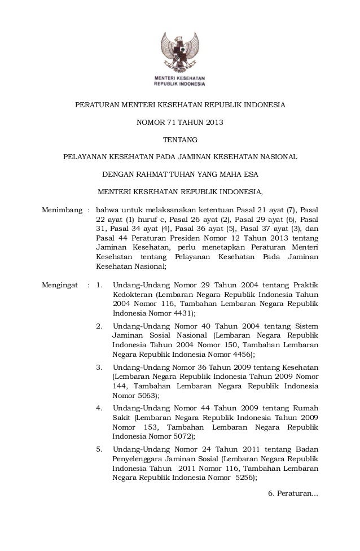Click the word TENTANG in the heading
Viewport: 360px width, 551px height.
click(180, 139)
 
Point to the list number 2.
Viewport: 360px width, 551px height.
click(100, 326)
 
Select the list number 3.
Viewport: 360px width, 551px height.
click(100, 367)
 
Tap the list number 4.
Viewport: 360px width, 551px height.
click(100, 408)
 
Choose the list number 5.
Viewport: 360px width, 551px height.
click(100, 449)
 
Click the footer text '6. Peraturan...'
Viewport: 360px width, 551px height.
click(293, 495)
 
